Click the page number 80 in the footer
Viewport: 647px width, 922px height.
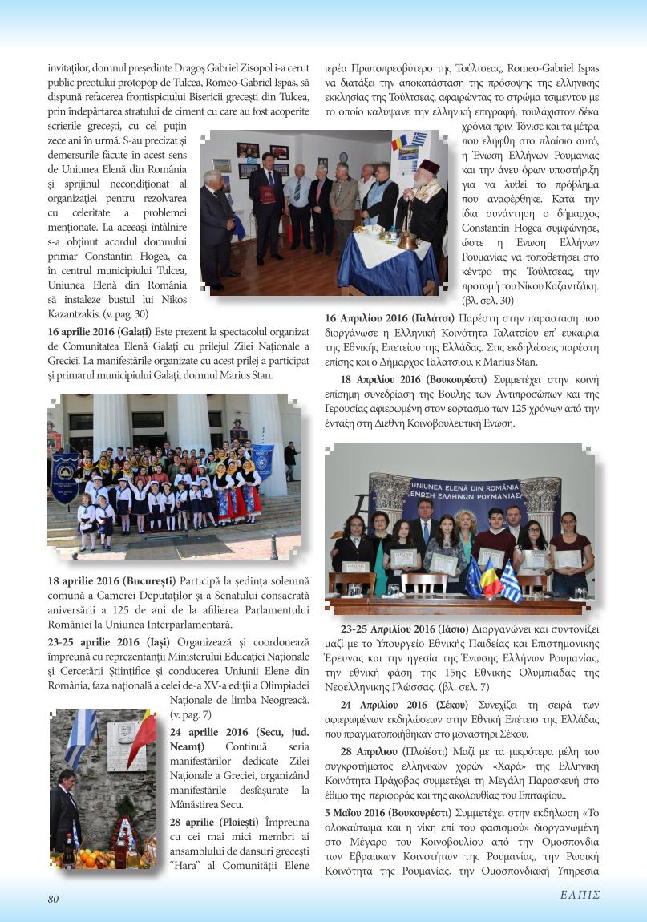(53, 899)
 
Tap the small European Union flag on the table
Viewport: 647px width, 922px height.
(474, 577)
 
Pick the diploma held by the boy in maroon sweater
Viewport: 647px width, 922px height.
(490, 557)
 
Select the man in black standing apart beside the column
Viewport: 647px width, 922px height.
(291, 460)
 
